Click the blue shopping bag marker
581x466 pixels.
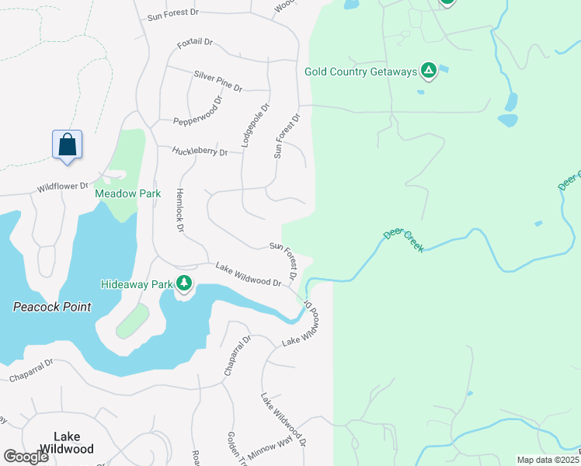coord(68,145)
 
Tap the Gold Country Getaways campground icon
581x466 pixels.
coord(428,72)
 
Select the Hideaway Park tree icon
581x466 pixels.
coord(184,283)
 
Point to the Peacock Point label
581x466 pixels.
coord(52,307)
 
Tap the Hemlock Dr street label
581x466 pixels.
coord(179,210)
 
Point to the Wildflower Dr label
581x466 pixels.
coord(63,187)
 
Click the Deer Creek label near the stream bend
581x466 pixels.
coord(404,240)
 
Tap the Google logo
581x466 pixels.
coord(26,456)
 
